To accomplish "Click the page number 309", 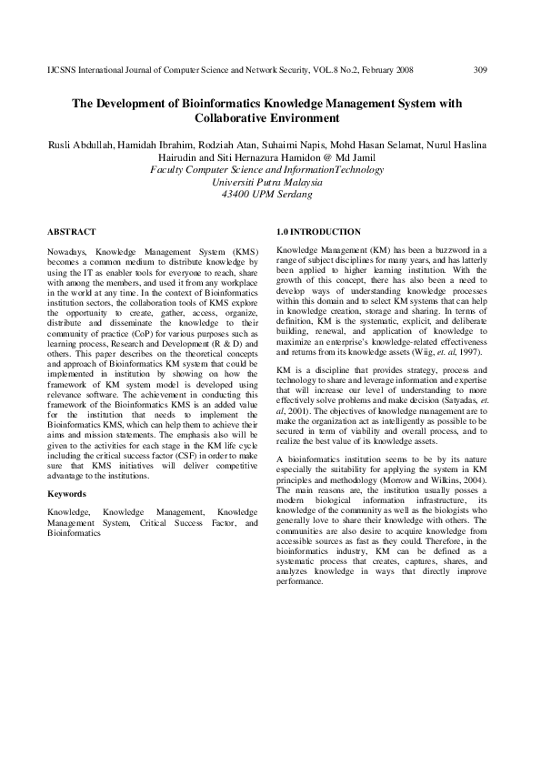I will point(481,69).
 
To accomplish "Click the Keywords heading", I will point(67,494).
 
